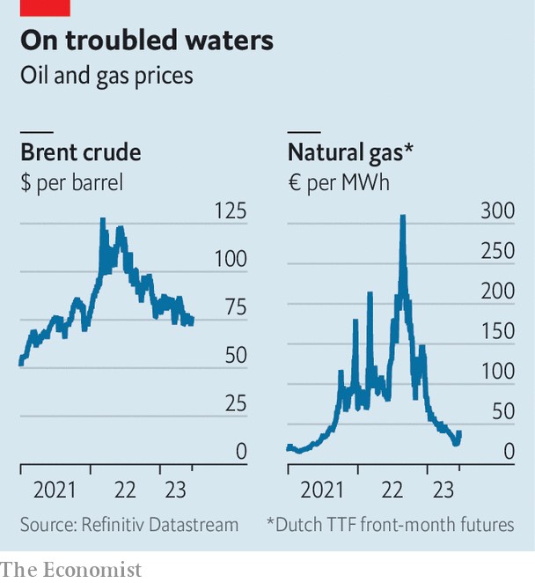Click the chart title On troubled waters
coord(147,41)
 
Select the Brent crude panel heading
coord(81,152)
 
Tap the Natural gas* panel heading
coord(350,152)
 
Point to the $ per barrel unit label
coord(71,183)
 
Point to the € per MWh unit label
coord(339,183)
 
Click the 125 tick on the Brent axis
coord(231,210)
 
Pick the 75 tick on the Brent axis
coord(235,307)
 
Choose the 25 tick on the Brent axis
coord(235,403)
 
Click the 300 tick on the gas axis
coord(498,210)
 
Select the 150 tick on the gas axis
coord(498,331)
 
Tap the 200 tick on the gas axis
coord(498,291)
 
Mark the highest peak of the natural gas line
coord(403,217)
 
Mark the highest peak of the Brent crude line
coord(102,220)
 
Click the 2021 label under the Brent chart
coord(55,489)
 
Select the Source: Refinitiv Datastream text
coord(129,524)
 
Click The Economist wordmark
coord(71,570)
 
